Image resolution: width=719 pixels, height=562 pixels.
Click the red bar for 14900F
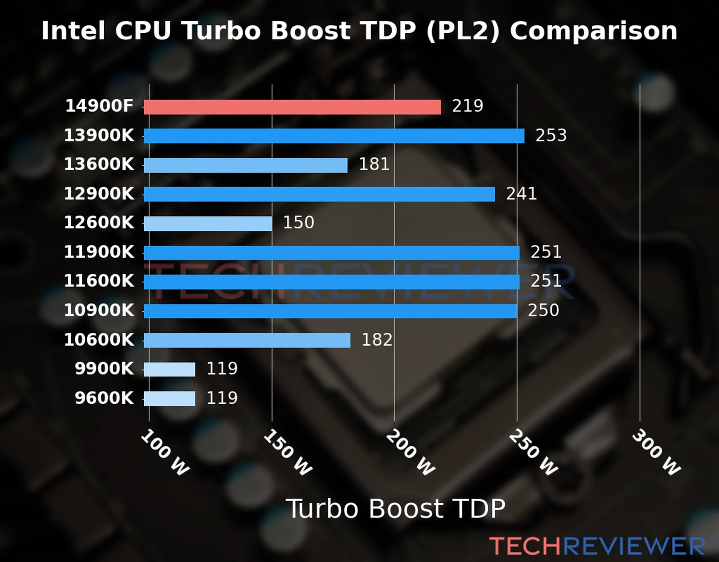292,107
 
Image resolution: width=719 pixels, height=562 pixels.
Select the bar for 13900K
334,136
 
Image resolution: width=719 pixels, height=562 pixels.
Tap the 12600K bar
208,223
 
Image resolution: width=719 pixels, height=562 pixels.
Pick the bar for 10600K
247,340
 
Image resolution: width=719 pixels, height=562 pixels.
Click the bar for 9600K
169,399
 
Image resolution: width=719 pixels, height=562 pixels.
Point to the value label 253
551,135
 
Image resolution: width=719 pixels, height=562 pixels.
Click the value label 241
521,193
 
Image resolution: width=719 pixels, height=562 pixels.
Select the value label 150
298,222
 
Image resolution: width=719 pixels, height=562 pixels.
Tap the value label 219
467,106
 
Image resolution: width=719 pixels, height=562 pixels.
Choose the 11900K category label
99,252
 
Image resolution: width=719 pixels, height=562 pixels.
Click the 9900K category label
104,369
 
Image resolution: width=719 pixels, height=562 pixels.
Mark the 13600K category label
99,164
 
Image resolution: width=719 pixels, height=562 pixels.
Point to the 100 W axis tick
165,452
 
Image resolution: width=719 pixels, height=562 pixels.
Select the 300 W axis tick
656,452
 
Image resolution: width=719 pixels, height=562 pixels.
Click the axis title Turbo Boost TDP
396,509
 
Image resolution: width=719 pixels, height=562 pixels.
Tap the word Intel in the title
73,31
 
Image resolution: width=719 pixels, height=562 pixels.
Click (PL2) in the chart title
463,31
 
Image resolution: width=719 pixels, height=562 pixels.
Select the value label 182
377,340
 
